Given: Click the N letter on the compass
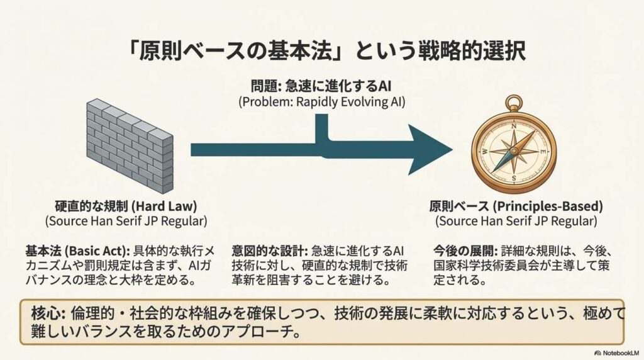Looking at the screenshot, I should (x=514, y=126).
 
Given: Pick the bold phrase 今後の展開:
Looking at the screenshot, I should (x=463, y=249).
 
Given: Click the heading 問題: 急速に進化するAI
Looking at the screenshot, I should (x=321, y=86).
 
